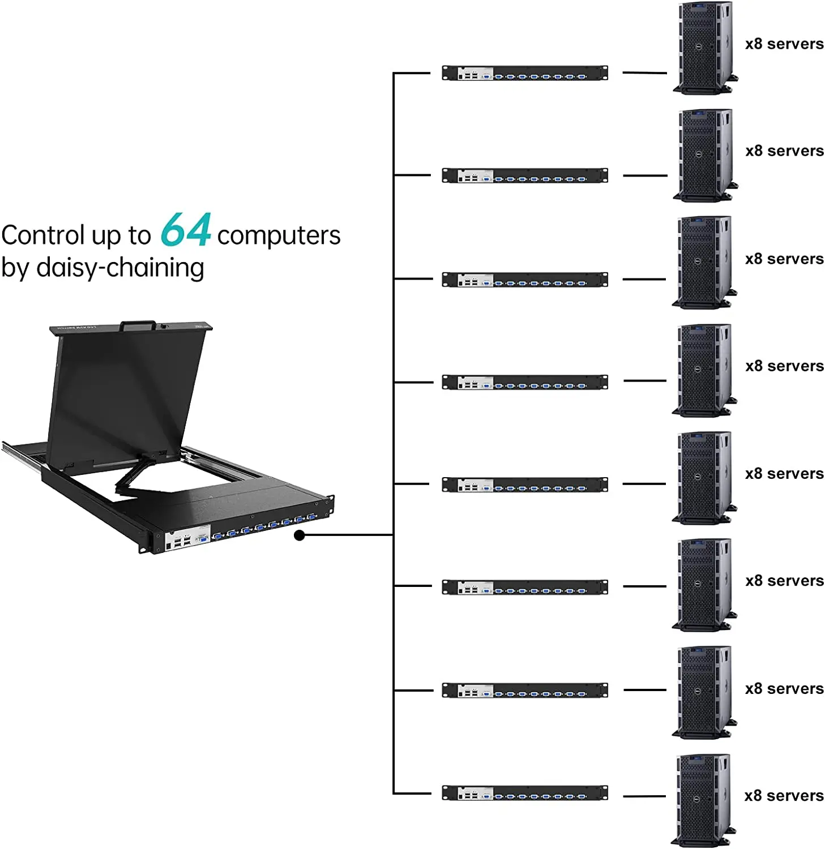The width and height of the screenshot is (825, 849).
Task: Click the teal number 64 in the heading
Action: pyautogui.click(x=185, y=230)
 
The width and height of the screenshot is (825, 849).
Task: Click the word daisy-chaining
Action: pyautogui.click(x=119, y=268)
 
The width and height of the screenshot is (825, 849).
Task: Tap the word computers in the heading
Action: pyautogui.click(x=279, y=235)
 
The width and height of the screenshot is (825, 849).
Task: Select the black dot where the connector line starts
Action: pyautogui.click(x=300, y=535)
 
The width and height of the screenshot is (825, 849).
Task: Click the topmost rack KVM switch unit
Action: pyautogui.click(x=524, y=73)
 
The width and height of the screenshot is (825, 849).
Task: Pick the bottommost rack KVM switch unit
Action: pyautogui.click(x=524, y=792)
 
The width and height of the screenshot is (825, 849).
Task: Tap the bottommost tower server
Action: pyautogui.click(x=702, y=799)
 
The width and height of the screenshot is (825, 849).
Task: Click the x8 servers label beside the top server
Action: pyautogui.click(x=784, y=44)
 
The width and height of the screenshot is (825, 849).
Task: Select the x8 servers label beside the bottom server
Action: pyautogui.click(x=784, y=796)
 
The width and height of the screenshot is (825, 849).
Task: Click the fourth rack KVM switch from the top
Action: pyautogui.click(x=524, y=382)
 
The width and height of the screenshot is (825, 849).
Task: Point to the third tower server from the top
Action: pyautogui.click(x=703, y=262)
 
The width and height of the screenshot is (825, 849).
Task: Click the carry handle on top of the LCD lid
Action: pyautogui.click(x=137, y=325)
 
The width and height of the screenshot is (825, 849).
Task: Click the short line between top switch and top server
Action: pyautogui.click(x=644, y=73)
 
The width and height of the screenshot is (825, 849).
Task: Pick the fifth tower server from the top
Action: pyautogui.click(x=703, y=477)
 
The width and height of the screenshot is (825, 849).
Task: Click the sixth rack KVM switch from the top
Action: pyautogui.click(x=524, y=587)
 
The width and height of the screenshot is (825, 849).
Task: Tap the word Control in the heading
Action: pyautogui.click(x=42, y=235)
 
